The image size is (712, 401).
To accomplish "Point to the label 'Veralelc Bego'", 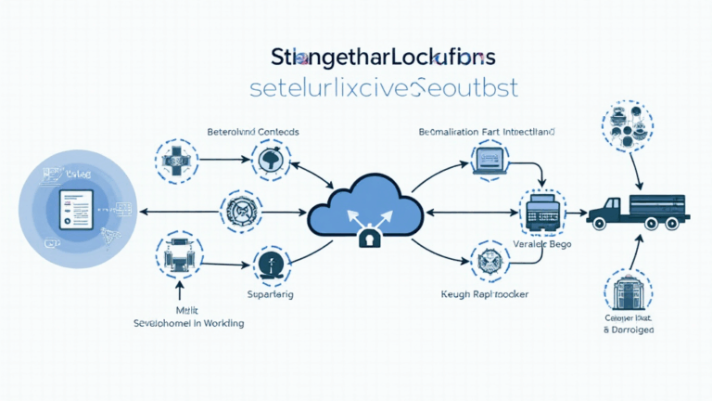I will (540, 245).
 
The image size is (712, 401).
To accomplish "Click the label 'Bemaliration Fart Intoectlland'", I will (487, 133).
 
